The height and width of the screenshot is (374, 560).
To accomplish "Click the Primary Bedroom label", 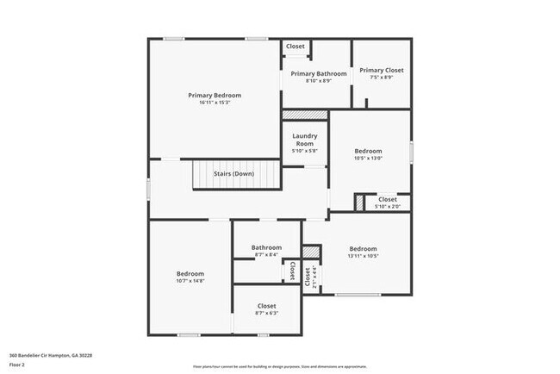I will (215, 95).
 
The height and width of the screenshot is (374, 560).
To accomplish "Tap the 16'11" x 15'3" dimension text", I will (215, 103).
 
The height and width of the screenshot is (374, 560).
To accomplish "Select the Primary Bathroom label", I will (318, 74).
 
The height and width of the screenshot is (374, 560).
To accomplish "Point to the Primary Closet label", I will (382, 70).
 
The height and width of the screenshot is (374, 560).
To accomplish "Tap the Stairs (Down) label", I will (233, 174).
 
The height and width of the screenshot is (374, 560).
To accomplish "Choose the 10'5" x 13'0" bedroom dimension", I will (369, 158).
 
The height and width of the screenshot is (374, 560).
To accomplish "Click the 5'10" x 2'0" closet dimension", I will (387, 207).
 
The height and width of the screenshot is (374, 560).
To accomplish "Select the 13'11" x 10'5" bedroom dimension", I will (363, 256).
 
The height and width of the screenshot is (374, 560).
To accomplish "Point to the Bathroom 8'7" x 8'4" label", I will (266, 248).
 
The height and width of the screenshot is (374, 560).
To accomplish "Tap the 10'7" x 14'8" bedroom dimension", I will (190, 281).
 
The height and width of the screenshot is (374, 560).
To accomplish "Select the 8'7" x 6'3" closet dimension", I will (266, 313).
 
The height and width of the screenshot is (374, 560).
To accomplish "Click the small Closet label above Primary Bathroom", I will (296, 47).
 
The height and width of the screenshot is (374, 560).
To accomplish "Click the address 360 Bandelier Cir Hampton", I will (50, 354).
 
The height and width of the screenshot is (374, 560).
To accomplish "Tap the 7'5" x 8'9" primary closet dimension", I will (382, 78).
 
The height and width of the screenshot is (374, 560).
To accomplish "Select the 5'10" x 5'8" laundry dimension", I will (305, 151).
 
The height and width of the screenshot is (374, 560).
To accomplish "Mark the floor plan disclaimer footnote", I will (279, 367).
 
